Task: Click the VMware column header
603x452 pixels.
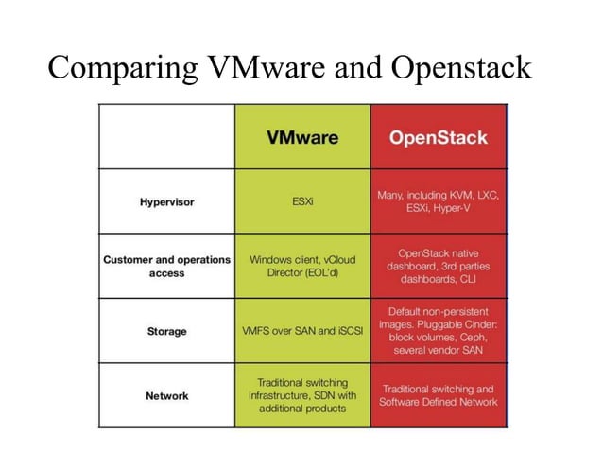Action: point(302,137)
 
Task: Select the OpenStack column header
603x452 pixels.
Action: point(438,137)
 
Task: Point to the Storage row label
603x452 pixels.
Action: point(166,332)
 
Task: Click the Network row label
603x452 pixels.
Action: point(166,395)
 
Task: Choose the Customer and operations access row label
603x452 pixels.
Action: point(166,266)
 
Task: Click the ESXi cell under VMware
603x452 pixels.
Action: point(302,201)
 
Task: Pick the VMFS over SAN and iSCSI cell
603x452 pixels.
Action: point(302,332)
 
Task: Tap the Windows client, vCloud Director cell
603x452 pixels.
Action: point(302,266)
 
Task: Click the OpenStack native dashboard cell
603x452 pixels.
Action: point(438,266)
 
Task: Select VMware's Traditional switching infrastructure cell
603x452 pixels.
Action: point(302,395)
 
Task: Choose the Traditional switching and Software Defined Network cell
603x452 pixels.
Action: point(438,395)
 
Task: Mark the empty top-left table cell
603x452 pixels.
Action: point(166,137)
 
